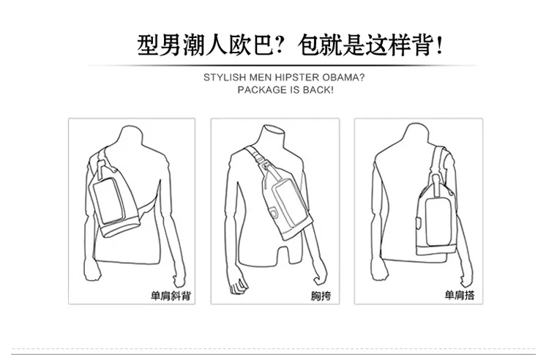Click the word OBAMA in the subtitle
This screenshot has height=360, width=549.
pyautogui.click(x=343, y=78)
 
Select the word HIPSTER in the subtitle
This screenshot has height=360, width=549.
pyautogui.click(x=297, y=78)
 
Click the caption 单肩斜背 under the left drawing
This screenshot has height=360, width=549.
pyautogui.click(x=171, y=296)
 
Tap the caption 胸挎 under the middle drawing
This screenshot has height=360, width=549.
pyautogui.click(x=321, y=296)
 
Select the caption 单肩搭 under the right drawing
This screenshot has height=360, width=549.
pyautogui.click(x=460, y=296)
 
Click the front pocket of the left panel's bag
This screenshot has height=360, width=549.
pyautogui.click(x=108, y=200)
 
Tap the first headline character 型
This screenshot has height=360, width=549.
pyautogui.click(x=148, y=45)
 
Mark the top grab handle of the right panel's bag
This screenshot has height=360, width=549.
pyautogui.click(x=436, y=186)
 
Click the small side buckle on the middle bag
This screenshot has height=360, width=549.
pyautogui.click(x=274, y=211)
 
